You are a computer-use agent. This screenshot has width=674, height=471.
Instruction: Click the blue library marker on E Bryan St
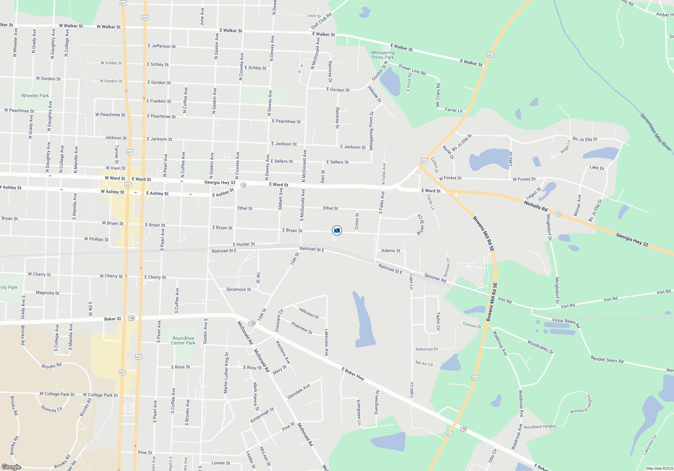point(337,230)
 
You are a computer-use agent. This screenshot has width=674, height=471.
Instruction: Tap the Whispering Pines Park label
point(382,55)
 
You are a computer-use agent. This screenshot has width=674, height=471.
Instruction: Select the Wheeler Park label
point(35,96)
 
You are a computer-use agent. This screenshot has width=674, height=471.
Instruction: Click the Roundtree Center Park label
point(183,340)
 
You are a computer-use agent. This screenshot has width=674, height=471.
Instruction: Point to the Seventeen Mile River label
point(655,132)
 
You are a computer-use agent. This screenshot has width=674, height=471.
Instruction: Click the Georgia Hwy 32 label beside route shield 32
point(220,182)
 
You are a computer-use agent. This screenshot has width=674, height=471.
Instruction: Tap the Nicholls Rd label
point(535,206)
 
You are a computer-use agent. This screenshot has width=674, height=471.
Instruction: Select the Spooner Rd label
point(435,278)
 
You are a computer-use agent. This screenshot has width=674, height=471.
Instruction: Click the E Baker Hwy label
point(353,374)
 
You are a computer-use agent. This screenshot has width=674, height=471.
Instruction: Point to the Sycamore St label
point(239,289)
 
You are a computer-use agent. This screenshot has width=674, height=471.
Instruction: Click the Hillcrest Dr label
point(309,313)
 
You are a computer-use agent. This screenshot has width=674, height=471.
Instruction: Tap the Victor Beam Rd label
point(566,323)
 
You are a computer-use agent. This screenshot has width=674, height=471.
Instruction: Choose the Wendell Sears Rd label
point(607,359)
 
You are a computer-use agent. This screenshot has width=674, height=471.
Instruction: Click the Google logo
point(11,467)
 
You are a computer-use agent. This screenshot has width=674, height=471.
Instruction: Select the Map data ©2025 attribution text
point(659,468)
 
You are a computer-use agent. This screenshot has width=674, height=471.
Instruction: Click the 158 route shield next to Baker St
point(131,318)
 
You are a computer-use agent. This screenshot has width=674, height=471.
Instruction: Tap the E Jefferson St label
point(162,46)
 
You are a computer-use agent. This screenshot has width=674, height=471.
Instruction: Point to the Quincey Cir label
point(52,409)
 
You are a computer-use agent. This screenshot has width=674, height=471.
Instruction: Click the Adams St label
point(391,251)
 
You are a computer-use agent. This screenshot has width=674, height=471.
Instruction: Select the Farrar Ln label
point(454,110)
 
